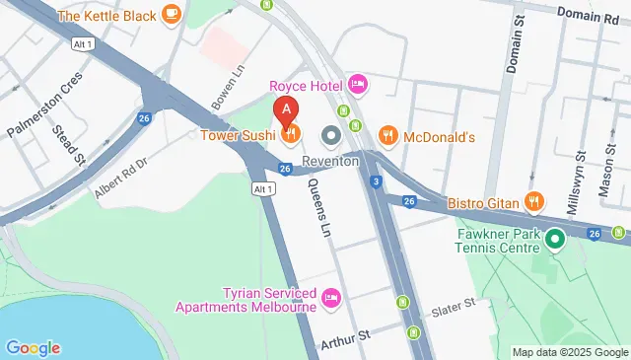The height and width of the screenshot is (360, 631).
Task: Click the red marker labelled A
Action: pos(286,110)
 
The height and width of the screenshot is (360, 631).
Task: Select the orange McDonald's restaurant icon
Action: pos(387,134)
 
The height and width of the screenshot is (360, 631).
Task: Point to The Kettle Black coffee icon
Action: pos(172,14)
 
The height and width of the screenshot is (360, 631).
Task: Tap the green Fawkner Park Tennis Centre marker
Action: pos(555,239)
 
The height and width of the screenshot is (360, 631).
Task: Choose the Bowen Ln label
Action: pos(226,90)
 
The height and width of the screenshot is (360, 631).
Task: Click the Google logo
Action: pos(33,347)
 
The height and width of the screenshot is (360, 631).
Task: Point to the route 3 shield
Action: pos(377,180)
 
